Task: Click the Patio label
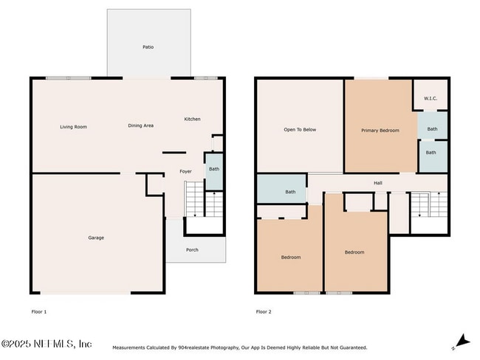148,47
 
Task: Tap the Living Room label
73,127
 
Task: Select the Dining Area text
141,126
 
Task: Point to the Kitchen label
192,119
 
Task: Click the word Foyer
185,172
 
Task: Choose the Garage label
96,238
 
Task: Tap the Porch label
192,250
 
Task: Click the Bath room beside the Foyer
213,170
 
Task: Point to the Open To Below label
300,130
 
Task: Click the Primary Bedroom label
380,131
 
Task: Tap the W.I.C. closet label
431,99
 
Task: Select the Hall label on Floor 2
377,183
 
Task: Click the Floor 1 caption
38,312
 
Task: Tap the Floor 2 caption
264,312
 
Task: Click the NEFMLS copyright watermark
47,345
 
